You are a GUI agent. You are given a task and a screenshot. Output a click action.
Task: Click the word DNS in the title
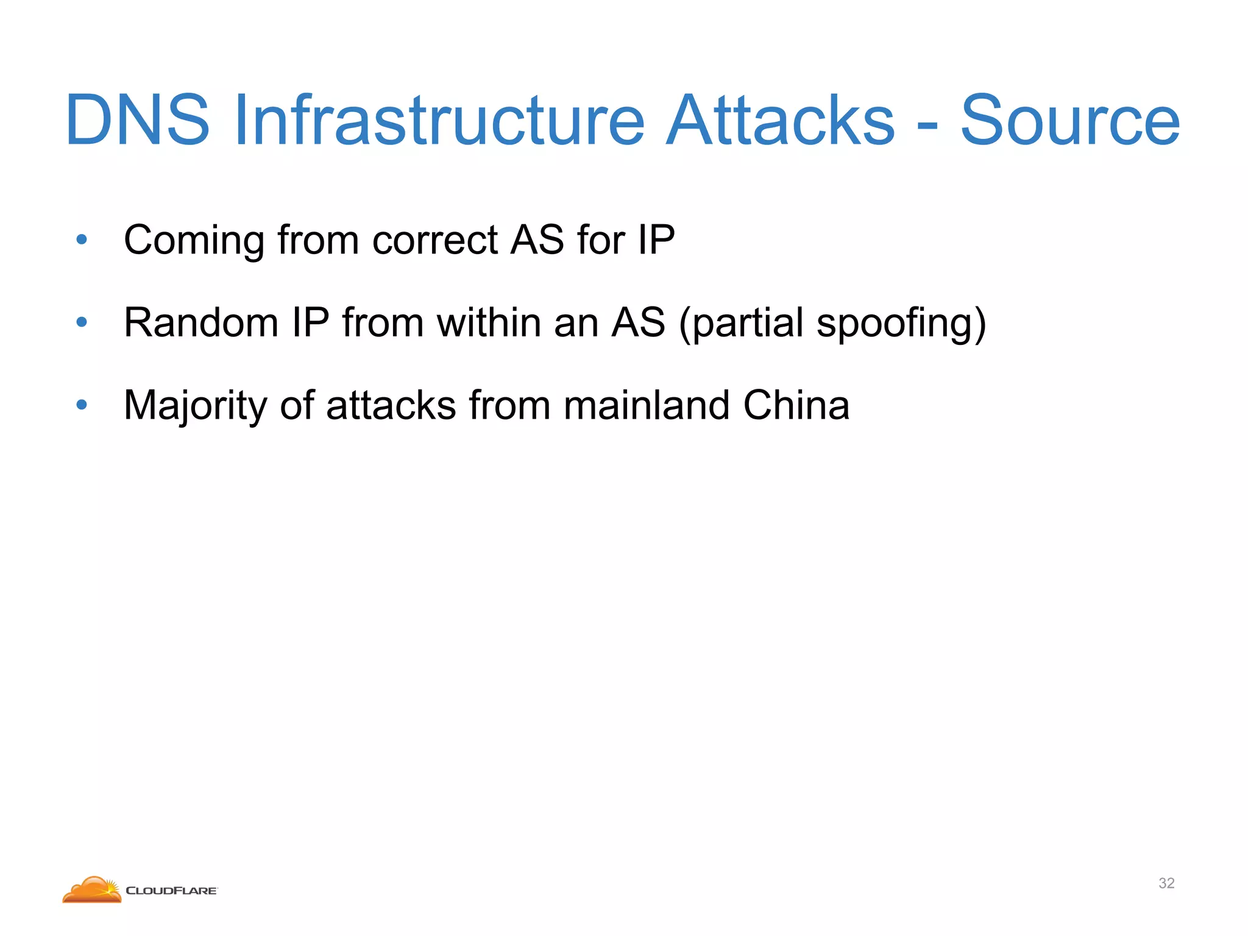pos(137,121)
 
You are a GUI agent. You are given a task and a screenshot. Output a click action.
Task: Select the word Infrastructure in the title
pos(439,121)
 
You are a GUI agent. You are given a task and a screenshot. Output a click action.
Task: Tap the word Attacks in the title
pos(780,121)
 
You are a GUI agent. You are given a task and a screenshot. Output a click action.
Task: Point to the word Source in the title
pos(1070,121)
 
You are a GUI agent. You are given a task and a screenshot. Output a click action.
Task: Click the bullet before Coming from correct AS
pos(82,239)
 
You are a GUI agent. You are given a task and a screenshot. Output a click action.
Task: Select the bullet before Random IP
pos(82,322)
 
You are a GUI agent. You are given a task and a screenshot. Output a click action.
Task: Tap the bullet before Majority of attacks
pos(82,405)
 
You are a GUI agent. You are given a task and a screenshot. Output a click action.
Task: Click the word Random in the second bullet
pos(200,322)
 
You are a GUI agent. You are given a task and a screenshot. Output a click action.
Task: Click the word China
pos(796,405)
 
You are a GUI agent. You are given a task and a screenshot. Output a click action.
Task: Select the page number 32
pos(1166,883)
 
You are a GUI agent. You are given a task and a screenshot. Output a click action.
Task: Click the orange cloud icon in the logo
pos(92,890)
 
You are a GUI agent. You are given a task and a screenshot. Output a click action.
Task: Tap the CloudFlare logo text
pos(171,891)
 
